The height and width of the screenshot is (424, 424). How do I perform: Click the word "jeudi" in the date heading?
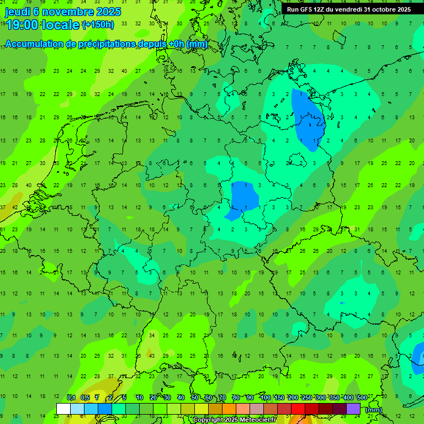(18, 12)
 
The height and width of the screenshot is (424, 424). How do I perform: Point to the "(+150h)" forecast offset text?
(98, 25)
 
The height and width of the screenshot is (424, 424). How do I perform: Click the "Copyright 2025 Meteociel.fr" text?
(234, 420)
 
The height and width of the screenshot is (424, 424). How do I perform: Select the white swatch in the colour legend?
(63, 409)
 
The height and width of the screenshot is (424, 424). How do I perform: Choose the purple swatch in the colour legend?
(353, 409)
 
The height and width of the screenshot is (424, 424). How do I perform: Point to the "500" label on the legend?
(362, 398)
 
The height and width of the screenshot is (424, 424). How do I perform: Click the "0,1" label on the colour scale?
(71, 398)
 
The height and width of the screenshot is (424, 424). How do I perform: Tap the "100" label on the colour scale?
(266, 398)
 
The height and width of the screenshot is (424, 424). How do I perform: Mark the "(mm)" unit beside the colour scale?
(374, 410)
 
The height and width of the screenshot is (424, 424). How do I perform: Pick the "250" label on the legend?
(307, 398)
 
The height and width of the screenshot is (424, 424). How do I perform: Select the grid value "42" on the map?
(15, 208)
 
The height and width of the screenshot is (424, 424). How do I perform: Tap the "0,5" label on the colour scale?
(85, 398)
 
